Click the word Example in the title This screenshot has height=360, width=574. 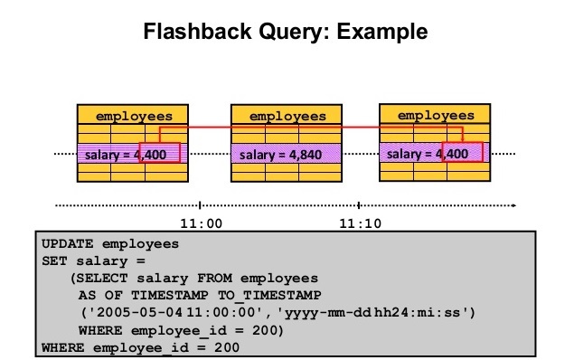(379, 33)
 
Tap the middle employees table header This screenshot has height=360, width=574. (287, 116)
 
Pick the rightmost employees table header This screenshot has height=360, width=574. (436, 115)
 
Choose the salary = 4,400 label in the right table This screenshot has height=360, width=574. (427, 154)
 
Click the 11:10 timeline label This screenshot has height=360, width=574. (358, 222)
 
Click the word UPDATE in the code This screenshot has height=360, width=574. (69, 244)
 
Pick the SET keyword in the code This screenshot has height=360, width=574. (53, 261)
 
